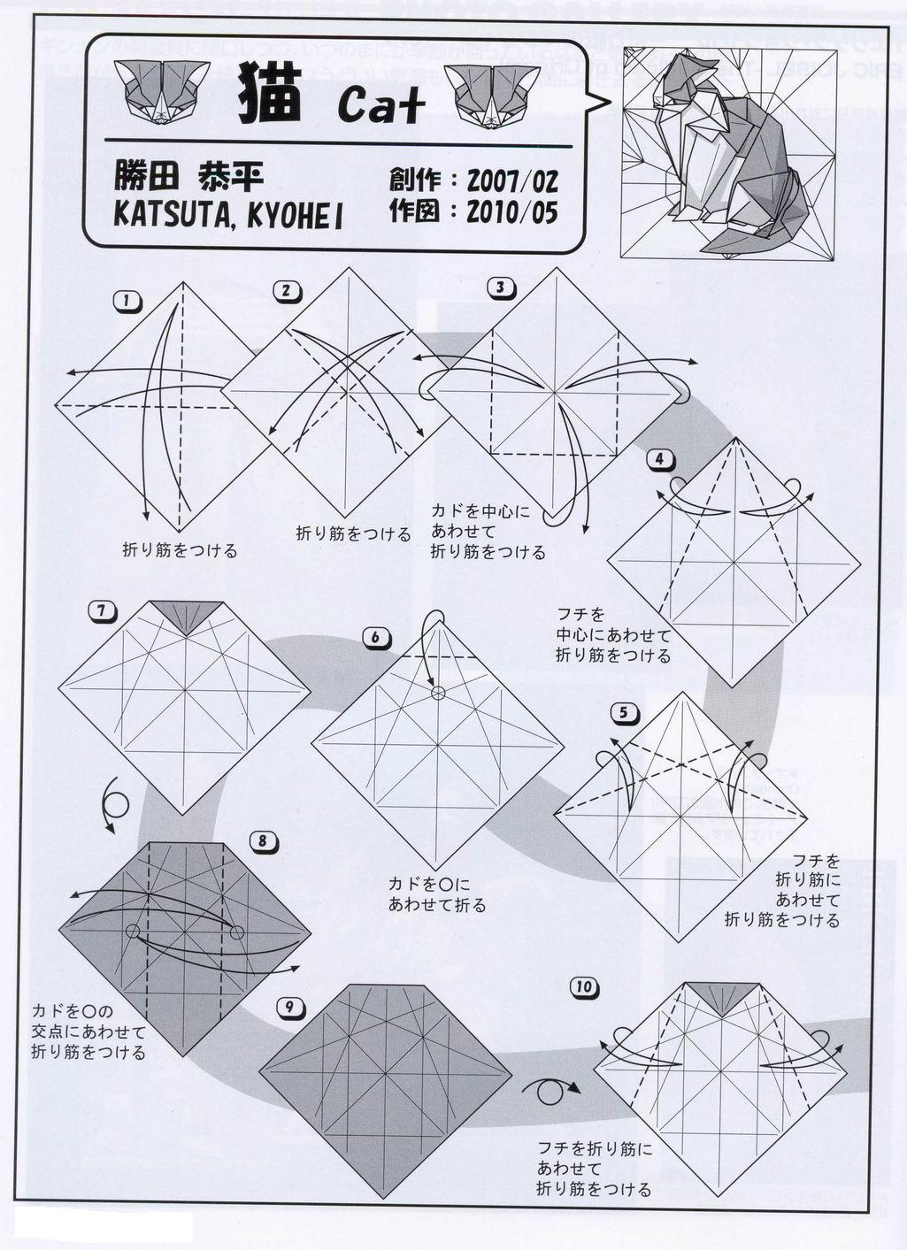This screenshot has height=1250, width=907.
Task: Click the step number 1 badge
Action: click(x=127, y=302)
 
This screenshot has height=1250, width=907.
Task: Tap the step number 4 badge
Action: click(x=659, y=459)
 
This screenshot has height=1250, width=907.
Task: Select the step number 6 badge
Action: click(x=374, y=637)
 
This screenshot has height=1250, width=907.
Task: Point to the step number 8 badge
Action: click(x=263, y=841)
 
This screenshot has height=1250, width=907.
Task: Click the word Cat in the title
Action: click(x=380, y=105)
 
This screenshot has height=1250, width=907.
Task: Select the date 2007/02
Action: click(x=512, y=180)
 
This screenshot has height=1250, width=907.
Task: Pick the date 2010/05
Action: click(x=512, y=212)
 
